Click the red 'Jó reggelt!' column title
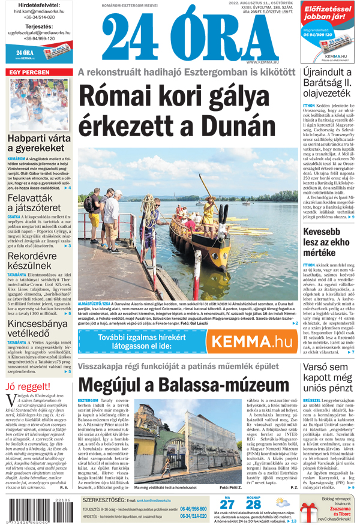point(28,386)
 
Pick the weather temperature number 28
point(253,505)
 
